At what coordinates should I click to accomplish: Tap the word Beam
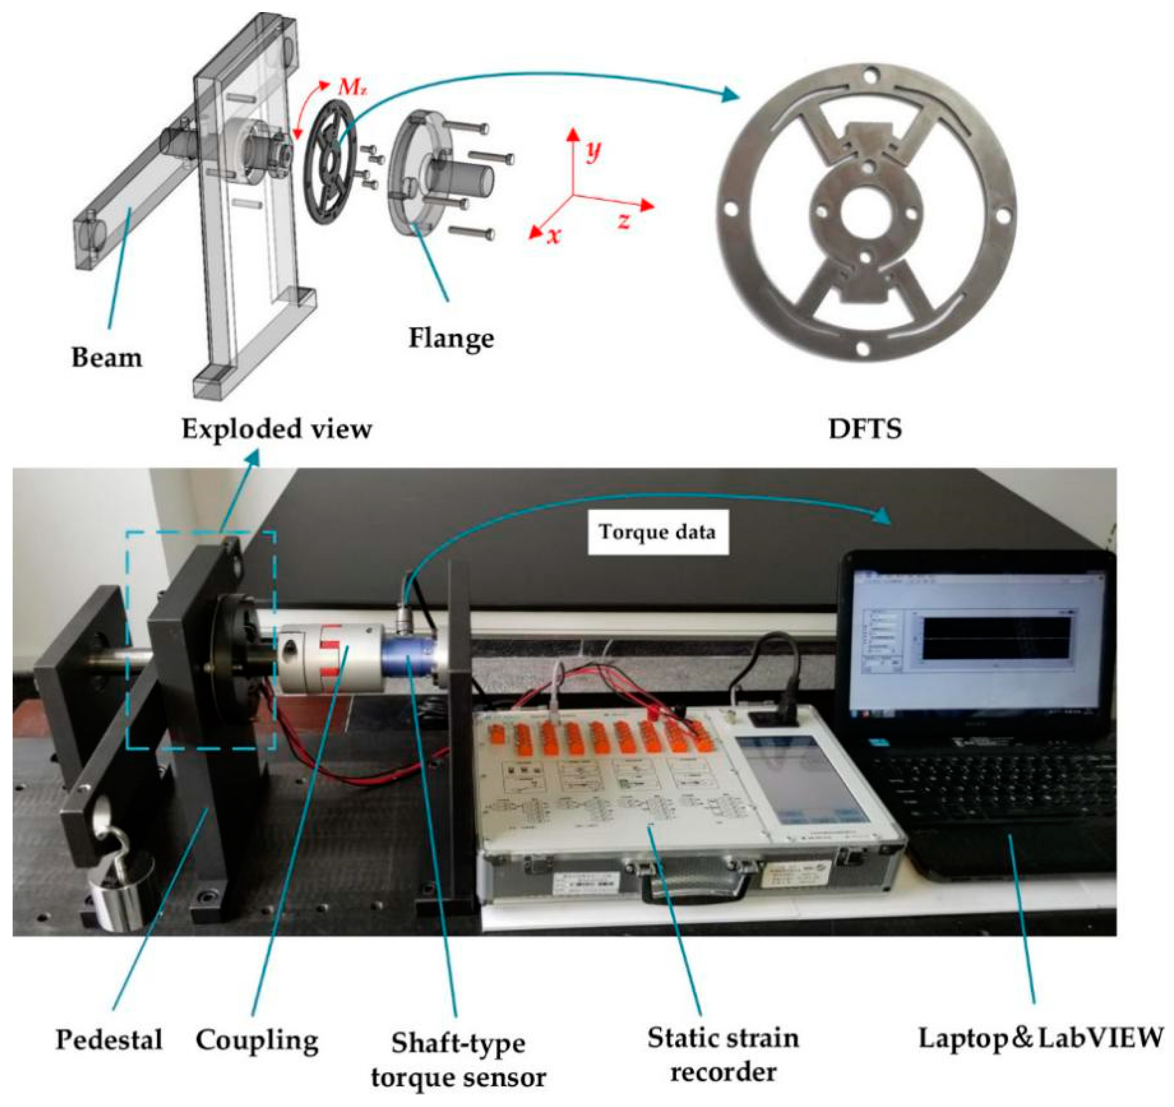tap(107, 358)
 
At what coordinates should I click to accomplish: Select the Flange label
tap(451, 338)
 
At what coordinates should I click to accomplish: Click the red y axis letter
tap(592, 151)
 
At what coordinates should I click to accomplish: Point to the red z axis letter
tap(624, 221)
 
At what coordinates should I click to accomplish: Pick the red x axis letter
tap(554, 235)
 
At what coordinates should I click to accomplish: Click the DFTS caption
tap(865, 429)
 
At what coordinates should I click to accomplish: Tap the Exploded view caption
tap(277, 429)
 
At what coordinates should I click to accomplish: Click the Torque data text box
tap(657, 533)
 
